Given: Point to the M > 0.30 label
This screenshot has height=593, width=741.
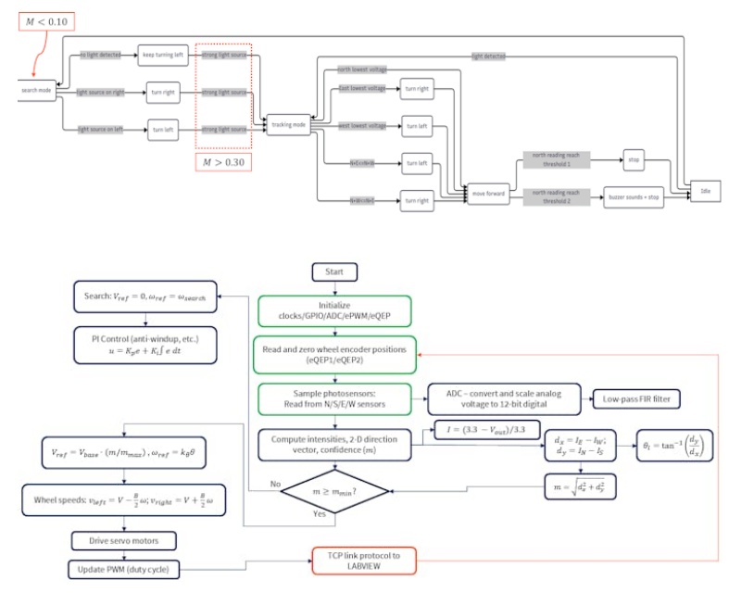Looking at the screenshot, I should pyautogui.click(x=223, y=163).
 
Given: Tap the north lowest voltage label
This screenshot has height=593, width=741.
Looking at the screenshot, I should pyautogui.click(x=362, y=69).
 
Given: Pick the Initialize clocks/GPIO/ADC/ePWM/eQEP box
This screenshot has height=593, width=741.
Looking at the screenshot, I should pyautogui.click(x=336, y=309).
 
